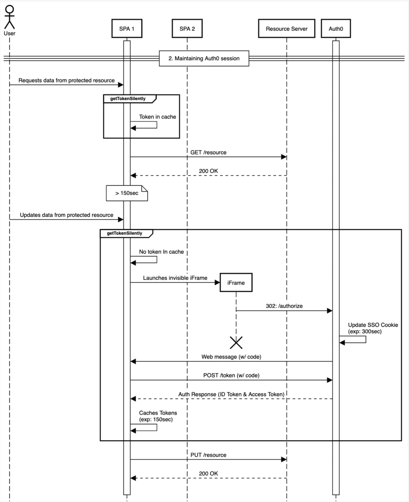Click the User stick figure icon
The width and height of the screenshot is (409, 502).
(x=10, y=17)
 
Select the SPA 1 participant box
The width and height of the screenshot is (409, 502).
(x=127, y=29)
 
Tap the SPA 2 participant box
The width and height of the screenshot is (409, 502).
(x=187, y=29)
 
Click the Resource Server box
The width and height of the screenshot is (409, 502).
(x=287, y=29)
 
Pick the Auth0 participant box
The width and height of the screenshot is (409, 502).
(x=336, y=29)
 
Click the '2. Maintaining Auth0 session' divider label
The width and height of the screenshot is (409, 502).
(x=204, y=58)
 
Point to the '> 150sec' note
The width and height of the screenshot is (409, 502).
(x=127, y=193)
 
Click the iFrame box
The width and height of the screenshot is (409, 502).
(x=236, y=283)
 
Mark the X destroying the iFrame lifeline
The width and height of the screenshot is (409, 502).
(x=236, y=343)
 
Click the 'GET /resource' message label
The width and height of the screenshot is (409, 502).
(x=208, y=153)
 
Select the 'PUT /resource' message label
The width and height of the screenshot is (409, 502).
(x=208, y=455)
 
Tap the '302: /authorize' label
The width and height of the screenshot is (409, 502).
(x=284, y=306)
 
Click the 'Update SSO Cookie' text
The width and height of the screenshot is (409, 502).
(x=373, y=325)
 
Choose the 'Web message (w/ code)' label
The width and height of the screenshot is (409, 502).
(x=231, y=357)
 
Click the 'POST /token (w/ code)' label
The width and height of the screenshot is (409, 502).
(x=231, y=376)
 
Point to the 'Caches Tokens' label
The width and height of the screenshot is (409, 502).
(x=158, y=413)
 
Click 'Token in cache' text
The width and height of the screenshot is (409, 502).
(x=158, y=117)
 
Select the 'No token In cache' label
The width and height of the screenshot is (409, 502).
(x=161, y=252)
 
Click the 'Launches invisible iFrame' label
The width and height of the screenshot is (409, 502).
(x=175, y=278)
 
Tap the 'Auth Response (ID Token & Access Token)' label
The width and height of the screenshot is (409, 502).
(x=231, y=394)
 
